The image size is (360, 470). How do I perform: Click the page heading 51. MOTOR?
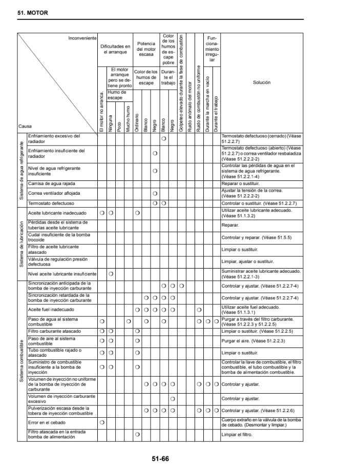[33, 13]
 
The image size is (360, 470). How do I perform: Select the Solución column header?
[261, 82]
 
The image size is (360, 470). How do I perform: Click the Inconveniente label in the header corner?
[82, 37]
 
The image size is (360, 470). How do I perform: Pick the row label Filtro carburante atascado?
[54, 332]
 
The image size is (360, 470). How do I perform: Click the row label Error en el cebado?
[47, 422]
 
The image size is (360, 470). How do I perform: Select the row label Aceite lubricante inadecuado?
[57, 213]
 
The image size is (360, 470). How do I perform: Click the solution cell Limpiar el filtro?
[240, 435]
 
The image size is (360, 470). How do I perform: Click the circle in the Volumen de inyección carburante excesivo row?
[173, 399]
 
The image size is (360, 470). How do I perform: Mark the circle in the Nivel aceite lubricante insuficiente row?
[111, 274]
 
